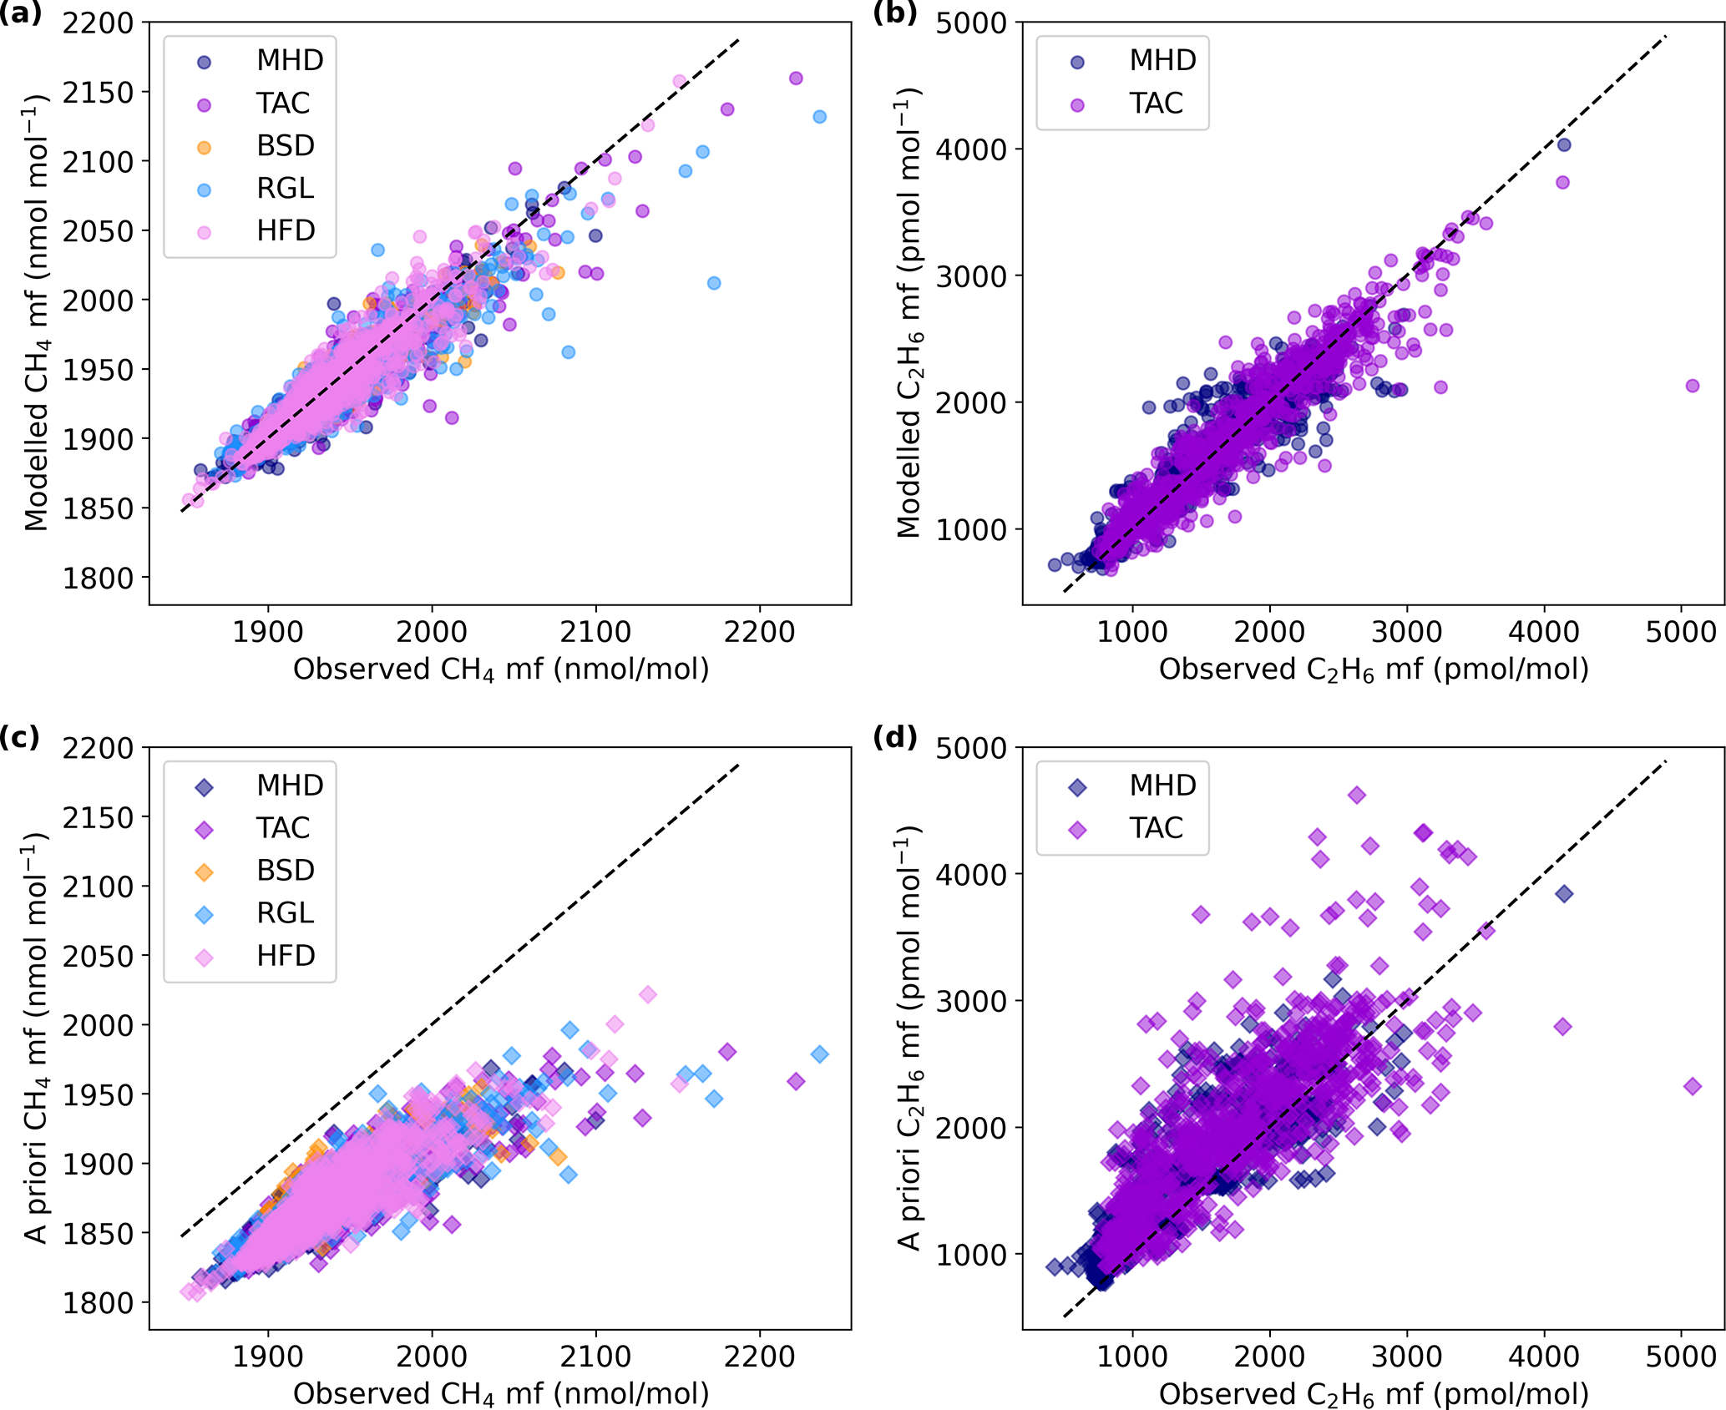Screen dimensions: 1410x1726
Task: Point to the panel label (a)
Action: tap(21, 14)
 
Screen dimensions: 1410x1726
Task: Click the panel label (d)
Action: tap(894, 738)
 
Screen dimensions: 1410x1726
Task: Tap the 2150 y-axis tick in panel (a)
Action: tap(99, 93)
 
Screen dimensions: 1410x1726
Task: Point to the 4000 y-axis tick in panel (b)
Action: tap(971, 150)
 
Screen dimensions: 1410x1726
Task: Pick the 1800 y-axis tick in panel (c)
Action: tap(99, 1303)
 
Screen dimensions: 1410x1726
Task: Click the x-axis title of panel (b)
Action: tap(1374, 670)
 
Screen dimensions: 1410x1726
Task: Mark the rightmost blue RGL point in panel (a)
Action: tap(819, 117)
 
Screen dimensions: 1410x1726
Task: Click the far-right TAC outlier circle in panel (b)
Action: tap(1693, 386)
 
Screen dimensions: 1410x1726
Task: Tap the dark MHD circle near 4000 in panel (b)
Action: tap(1564, 145)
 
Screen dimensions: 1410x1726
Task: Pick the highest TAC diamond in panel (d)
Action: tap(1357, 795)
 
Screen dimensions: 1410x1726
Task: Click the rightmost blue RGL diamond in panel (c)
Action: tap(819, 1054)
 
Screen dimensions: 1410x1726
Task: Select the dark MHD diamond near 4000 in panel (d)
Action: tap(1564, 894)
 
